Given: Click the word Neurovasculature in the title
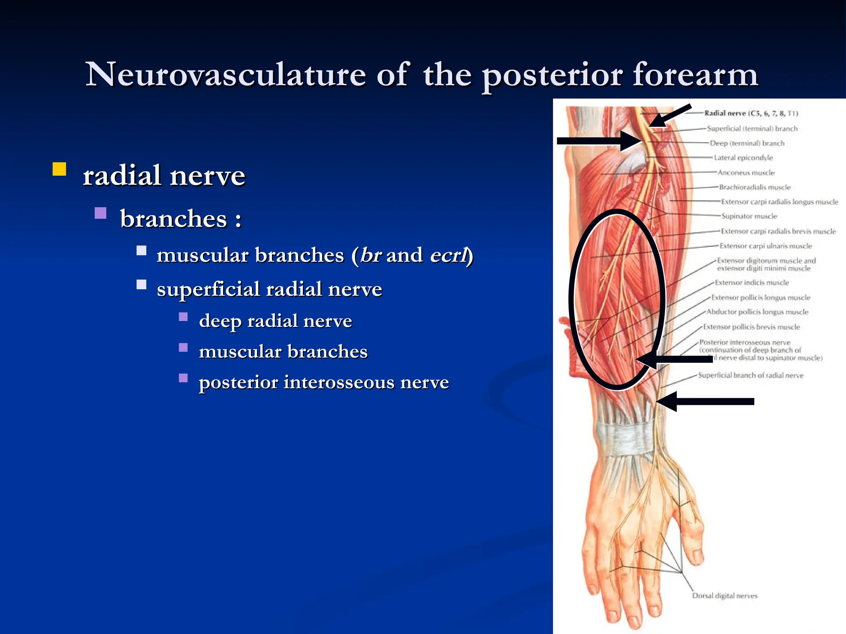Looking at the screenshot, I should (x=226, y=75).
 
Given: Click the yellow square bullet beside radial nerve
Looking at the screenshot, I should (x=59, y=169).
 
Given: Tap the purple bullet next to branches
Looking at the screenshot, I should (x=100, y=213).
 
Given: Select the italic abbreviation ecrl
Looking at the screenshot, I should (x=449, y=255).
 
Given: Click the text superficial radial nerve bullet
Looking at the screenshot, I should (x=269, y=289).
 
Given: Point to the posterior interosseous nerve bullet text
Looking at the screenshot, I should (x=323, y=382).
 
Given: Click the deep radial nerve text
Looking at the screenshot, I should (x=275, y=321).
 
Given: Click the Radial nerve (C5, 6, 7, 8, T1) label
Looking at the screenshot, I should (x=751, y=113).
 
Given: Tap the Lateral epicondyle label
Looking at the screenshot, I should (x=743, y=158).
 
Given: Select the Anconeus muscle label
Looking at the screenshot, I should (x=746, y=173).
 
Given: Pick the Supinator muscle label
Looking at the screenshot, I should (x=749, y=216).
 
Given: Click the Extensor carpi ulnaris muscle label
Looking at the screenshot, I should (x=765, y=246).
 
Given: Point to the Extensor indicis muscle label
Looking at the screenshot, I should (x=752, y=283).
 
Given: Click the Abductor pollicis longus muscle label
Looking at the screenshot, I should (x=757, y=312).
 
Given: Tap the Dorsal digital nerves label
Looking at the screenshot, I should (x=725, y=596).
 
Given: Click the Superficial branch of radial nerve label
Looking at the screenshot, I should (x=751, y=375).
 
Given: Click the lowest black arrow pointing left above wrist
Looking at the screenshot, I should (x=706, y=402).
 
